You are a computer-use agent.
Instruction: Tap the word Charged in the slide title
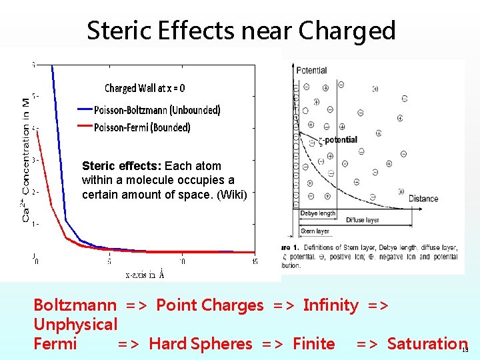coord(347,31)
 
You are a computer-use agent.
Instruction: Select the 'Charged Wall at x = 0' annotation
coord(145,88)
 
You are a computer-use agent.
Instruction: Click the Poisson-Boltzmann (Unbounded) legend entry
coord(157,110)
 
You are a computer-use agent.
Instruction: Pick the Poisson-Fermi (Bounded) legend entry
coord(142,127)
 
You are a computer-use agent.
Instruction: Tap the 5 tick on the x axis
coord(109,261)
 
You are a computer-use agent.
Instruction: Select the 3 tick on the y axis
coord(34,160)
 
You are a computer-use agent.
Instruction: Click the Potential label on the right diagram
coord(311,70)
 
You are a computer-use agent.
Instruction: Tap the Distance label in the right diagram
coord(423,198)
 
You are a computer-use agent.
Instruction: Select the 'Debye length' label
coord(318,213)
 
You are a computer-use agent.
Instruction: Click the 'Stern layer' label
coord(315,231)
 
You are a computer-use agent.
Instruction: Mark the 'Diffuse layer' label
coord(363,219)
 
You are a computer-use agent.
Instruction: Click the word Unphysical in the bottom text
coord(75,325)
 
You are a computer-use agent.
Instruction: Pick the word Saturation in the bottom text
coord(427,344)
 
